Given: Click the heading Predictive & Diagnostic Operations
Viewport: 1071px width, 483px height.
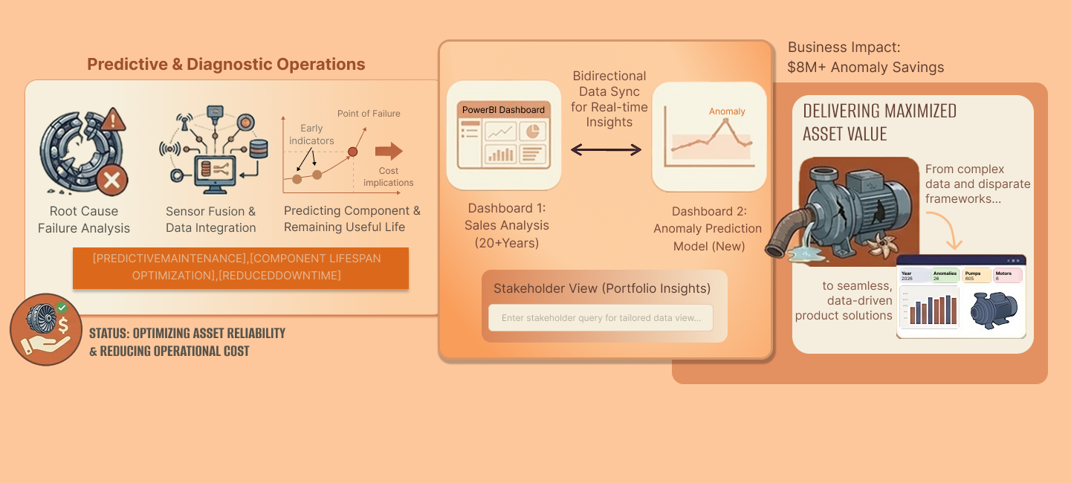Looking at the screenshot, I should point(226,64).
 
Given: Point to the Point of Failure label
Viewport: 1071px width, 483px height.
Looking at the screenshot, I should point(369,114).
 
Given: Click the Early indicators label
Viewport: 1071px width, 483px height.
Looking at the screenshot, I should point(311,134).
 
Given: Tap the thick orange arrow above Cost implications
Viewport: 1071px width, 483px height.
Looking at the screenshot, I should point(388,152).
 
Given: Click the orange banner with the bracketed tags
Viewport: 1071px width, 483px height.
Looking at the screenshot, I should point(240,268).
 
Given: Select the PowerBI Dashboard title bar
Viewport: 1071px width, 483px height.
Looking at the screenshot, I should point(503,110).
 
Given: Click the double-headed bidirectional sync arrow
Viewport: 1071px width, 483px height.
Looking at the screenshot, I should point(606,150).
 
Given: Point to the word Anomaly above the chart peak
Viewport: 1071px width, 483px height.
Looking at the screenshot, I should point(727,111).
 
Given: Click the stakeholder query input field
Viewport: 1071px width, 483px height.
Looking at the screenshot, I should point(601,318).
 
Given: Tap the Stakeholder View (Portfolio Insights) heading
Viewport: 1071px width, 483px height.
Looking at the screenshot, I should point(602,288).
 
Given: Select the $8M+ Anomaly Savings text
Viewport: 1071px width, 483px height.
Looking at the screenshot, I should point(866,68).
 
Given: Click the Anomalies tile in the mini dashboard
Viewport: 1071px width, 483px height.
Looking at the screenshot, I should point(945,276).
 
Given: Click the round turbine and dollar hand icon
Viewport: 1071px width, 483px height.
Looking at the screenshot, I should point(46,328).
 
